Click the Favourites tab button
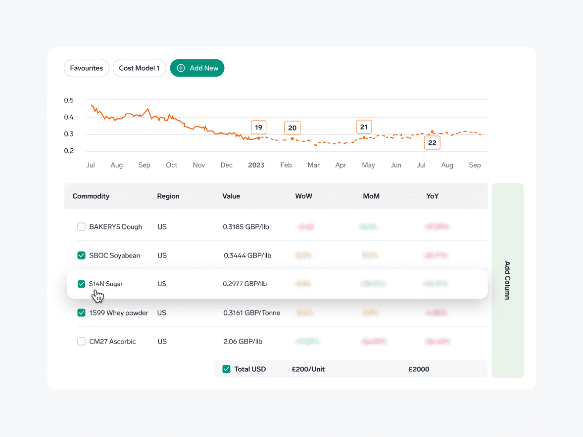click(87, 68)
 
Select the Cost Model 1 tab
click(139, 68)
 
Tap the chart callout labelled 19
click(258, 127)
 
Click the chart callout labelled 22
click(432, 142)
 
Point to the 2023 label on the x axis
click(256, 165)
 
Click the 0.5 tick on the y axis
click(69, 100)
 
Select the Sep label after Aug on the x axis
click(475, 165)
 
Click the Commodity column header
click(91, 196)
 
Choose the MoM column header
click(371, 196)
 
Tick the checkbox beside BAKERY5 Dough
click(82, 227)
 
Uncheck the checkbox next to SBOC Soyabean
click(82, 256)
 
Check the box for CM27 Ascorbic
click(82, 342)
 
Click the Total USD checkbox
click(227, 369)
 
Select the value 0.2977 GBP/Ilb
click(244, 284)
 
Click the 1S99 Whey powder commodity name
click(119, 313)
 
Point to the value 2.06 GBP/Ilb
click(243, 342)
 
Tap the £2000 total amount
click(419, 369)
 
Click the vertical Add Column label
click(507, 280)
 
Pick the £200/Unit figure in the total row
click(308, 369)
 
